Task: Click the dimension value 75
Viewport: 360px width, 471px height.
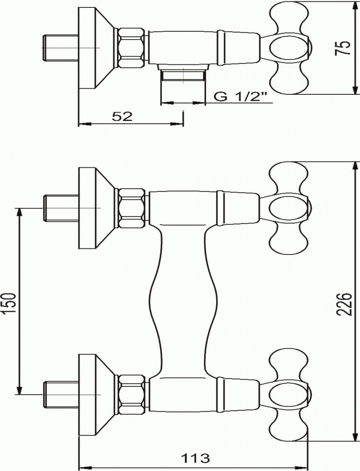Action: pos(343,47)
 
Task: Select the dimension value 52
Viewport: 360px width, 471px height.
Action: pos(122,117)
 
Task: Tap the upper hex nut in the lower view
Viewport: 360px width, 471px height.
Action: pos(132,208)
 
